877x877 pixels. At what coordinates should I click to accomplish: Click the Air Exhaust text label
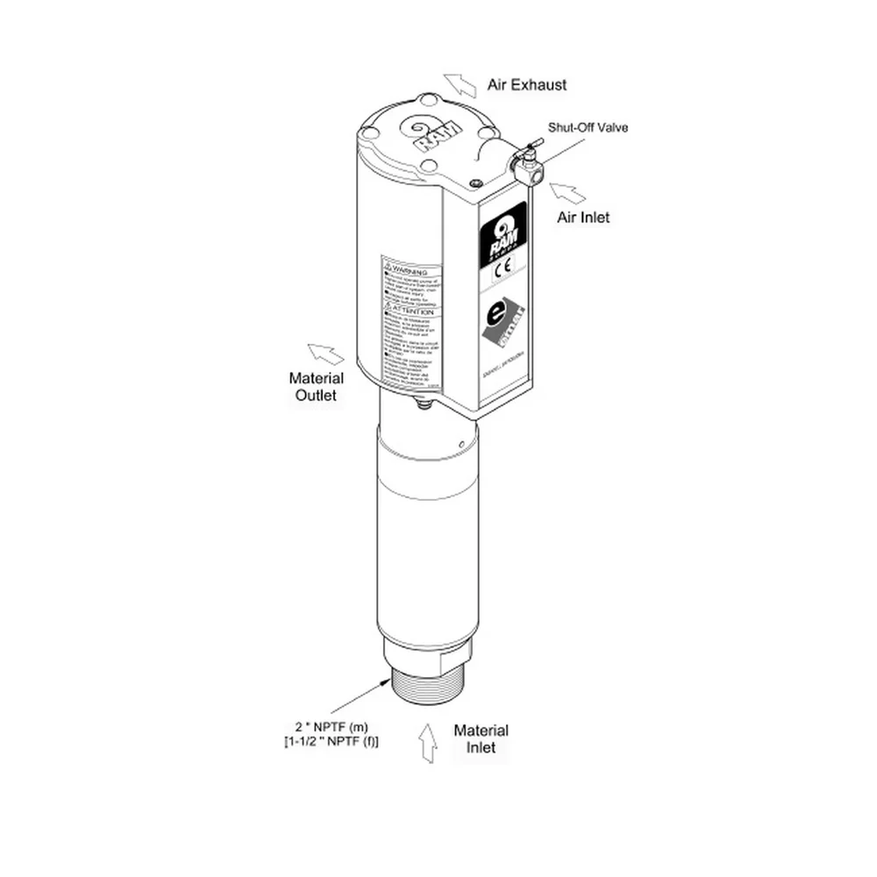click(x=526, y=85)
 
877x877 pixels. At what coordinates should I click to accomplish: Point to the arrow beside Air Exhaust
click(x=459, y=85)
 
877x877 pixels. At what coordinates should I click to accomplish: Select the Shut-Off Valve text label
click(x=588, y=127)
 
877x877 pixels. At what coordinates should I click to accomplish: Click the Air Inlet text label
click(x=583, y=217)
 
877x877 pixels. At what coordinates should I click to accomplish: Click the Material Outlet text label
click(x=316, y=387)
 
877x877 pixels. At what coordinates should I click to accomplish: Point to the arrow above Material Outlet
click(x=325, y=353)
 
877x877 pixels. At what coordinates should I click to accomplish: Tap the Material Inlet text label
click(x=481, y=738)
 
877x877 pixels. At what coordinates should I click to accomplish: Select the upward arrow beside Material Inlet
click(x=428, y=742)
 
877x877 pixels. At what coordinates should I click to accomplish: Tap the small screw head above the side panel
click(x=475, y=182)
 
